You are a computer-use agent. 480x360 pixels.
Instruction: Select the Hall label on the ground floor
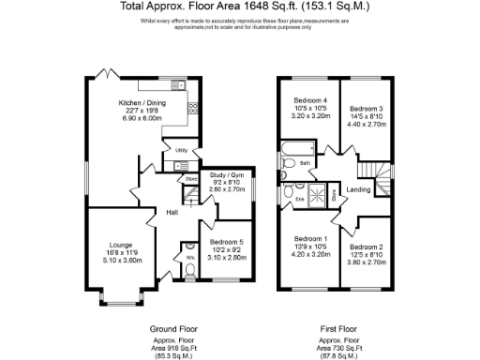[172, 213]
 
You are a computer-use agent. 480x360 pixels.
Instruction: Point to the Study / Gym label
[226, 173]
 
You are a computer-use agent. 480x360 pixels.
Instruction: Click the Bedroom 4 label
[310, 100]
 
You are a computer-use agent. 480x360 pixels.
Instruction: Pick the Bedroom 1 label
[310, 238]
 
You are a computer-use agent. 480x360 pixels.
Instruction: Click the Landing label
[357, 190]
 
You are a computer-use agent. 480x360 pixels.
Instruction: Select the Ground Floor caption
[173, 328]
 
